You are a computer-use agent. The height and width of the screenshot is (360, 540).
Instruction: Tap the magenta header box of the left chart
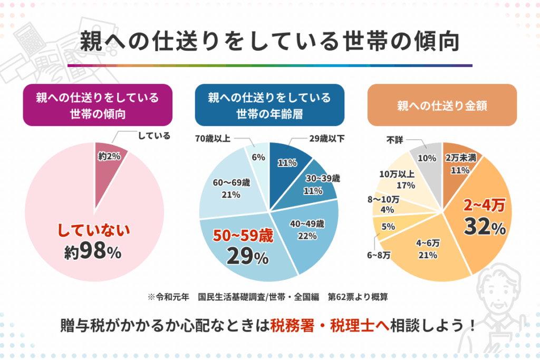click(x=98, y=105)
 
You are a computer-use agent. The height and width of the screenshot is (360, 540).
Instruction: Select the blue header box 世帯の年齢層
click(x=269, y=105)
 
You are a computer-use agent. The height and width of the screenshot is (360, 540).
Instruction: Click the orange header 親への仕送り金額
click(x=442, y=105)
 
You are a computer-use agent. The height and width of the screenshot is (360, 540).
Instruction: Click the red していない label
click(x=93, y=231)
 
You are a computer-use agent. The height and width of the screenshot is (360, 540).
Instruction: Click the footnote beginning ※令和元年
click(x=268, y=297)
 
